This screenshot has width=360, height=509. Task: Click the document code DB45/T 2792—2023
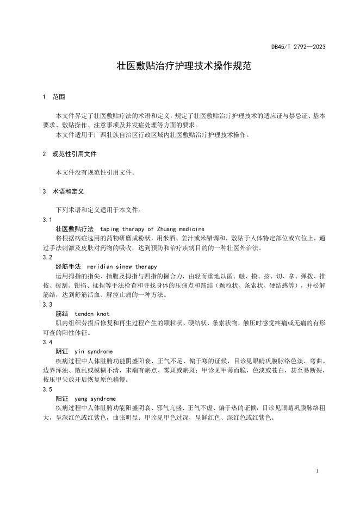[299, 47]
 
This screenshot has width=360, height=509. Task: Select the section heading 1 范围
[54, 97]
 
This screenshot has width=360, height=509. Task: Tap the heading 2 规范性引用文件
[69, 154]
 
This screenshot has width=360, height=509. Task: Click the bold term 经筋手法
[68, 267]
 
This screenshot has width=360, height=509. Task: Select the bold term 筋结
[62, 314]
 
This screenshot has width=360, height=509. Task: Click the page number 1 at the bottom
[316, 470]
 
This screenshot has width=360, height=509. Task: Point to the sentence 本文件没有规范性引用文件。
[95, 172]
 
